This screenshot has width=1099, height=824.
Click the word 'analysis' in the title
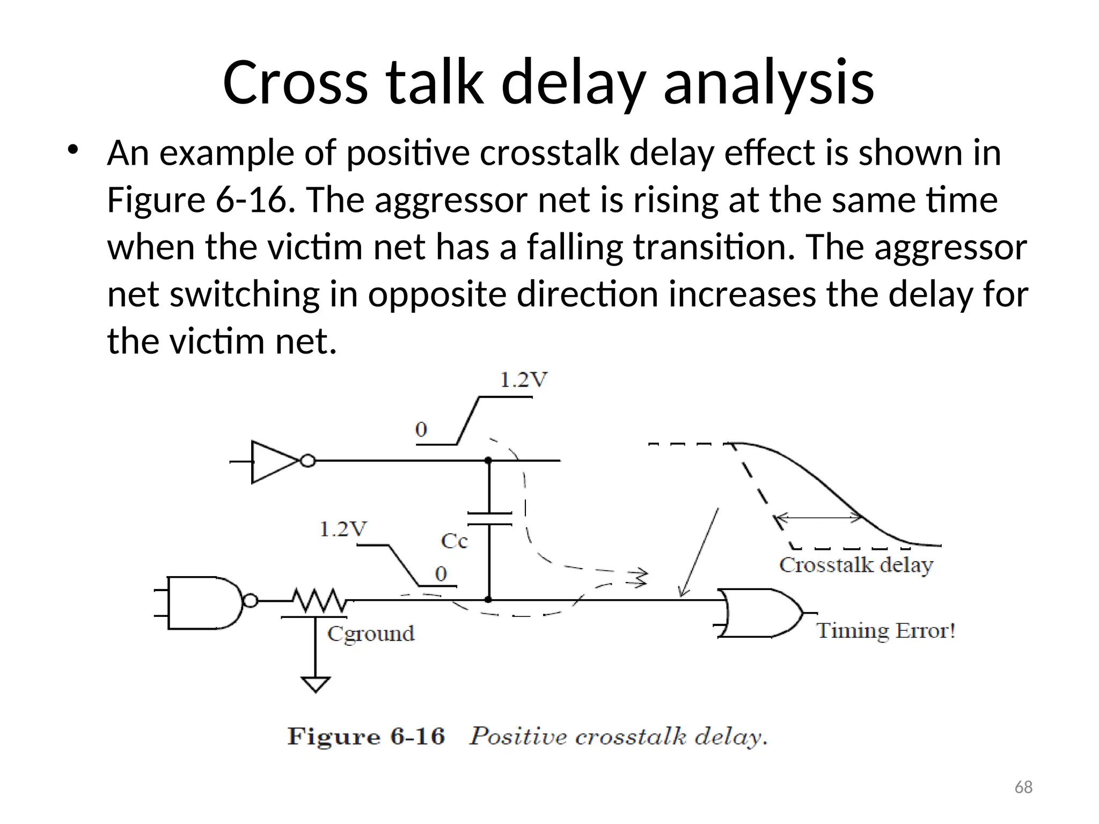point(768,83)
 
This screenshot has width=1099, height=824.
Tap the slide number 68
point(1023,787)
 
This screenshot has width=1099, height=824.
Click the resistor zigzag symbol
point(319,600)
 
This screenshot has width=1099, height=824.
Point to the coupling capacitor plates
point(489,518)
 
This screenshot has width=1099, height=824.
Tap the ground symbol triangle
point(316,685)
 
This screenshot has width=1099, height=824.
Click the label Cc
point(454,541)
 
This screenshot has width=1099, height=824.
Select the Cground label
point(371,634)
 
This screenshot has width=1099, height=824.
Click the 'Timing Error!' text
point(885,631)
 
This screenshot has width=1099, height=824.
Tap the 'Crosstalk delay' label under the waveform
point(856,565)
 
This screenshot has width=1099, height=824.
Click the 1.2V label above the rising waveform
point(523,380)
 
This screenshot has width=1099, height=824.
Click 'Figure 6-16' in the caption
point(367,736)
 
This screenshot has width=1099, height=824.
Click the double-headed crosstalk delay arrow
point(818,518)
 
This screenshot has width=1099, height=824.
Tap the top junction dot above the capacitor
point(488,460)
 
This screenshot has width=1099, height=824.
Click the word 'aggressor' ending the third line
point(950,247)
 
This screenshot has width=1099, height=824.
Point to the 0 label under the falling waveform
point(441,574)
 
